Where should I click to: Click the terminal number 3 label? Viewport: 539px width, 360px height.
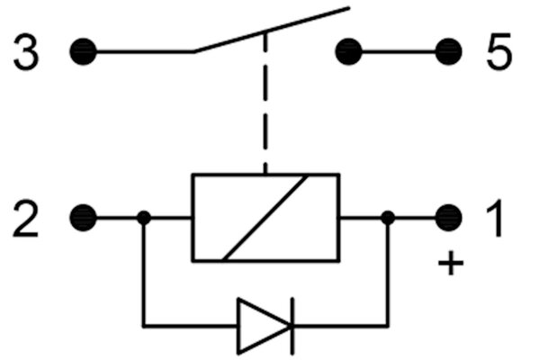coord(26,52)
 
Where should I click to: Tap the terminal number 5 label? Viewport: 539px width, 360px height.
coord(499,51)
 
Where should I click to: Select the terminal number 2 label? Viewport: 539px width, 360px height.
coord(25,219)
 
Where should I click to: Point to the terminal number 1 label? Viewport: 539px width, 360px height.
coord(495,219)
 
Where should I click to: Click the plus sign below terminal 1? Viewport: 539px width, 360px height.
coord(451,264)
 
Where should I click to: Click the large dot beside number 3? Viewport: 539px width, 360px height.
coord(83,51)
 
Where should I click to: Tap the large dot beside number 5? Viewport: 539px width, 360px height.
coord(449,51)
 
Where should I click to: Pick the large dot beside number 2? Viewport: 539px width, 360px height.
coord(83,218)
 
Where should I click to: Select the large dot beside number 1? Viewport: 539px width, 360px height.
coord(449,218)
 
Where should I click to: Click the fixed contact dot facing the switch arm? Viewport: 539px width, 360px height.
coord(348,51)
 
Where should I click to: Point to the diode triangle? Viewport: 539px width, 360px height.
coord(264,326)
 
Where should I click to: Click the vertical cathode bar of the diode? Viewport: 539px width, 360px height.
coord(292,326)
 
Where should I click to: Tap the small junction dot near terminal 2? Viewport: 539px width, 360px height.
coord(144,218)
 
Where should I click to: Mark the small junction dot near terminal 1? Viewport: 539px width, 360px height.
coord(388,218)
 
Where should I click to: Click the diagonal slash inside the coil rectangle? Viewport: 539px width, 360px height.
coord(265,218)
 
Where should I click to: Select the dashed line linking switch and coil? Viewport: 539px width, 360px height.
coord(265,103)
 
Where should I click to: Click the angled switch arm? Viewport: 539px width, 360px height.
coord(272,30)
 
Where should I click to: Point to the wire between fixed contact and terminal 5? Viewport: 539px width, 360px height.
coord(399,51)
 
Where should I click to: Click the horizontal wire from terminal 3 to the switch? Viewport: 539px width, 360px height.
coord(145,51)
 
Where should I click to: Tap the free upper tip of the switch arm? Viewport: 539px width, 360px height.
coord(349,7)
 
